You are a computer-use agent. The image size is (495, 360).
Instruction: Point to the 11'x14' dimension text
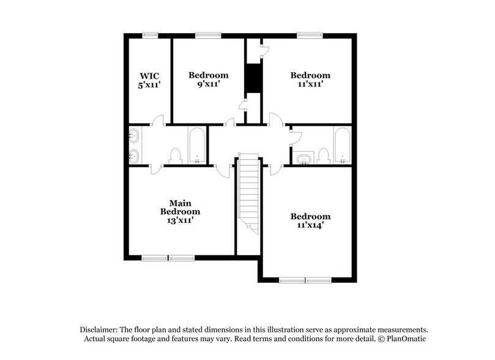click(310, 225)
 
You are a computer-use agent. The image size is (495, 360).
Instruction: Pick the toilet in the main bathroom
click(175, 156)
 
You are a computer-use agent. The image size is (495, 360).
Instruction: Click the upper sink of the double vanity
click(134, 136)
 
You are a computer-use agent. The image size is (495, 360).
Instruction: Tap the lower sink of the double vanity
click(134, 156)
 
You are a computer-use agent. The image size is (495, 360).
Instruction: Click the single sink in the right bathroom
click(304, 160)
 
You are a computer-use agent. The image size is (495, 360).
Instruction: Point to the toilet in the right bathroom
click(324, 156)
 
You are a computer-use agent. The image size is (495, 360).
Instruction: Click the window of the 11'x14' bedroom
click(305, 280)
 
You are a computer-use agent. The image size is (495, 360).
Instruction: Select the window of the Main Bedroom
click(168, 258)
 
